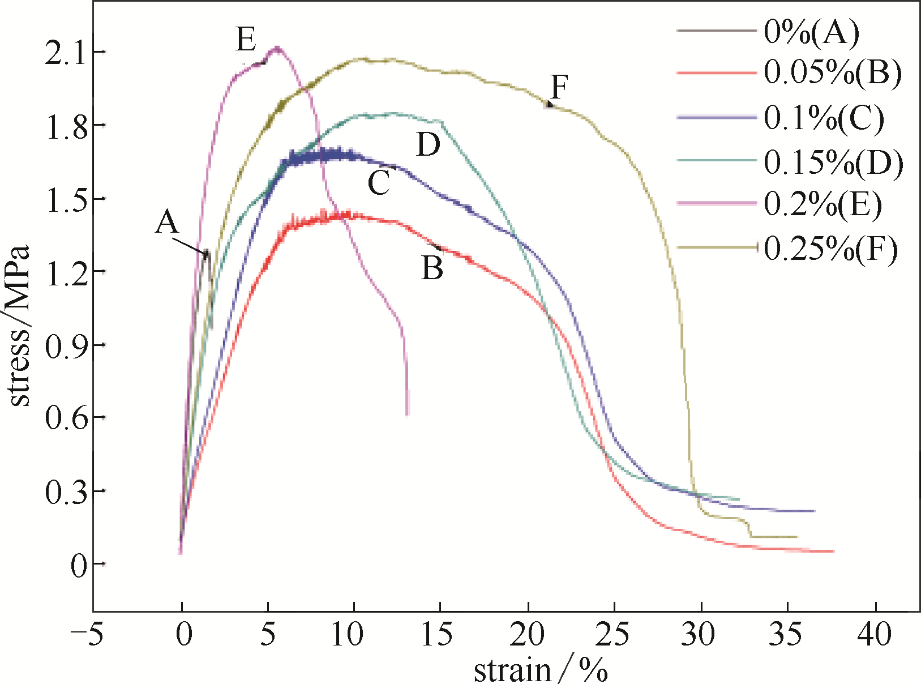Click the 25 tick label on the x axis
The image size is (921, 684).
pos(614,634)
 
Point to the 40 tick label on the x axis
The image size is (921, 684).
pos(875,634)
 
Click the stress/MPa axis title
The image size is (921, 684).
pos(19,326)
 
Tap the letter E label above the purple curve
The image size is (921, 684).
pos(246,40)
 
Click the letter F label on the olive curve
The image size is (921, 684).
pos(559,88)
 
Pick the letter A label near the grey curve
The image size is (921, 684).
pos(167,222)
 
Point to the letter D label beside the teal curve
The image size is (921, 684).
pos(428,145)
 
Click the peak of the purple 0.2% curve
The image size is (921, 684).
pos(277,48)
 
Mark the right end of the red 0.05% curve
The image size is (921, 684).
pos(833,551)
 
